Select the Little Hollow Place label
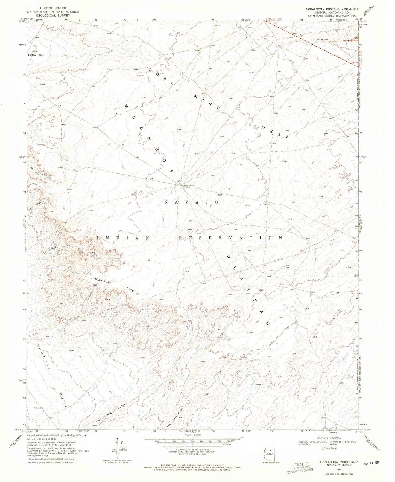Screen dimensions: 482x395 tap(37, 53)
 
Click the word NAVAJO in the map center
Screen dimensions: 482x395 tap(191, 202)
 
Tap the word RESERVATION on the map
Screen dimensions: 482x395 tap(231, 238)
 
